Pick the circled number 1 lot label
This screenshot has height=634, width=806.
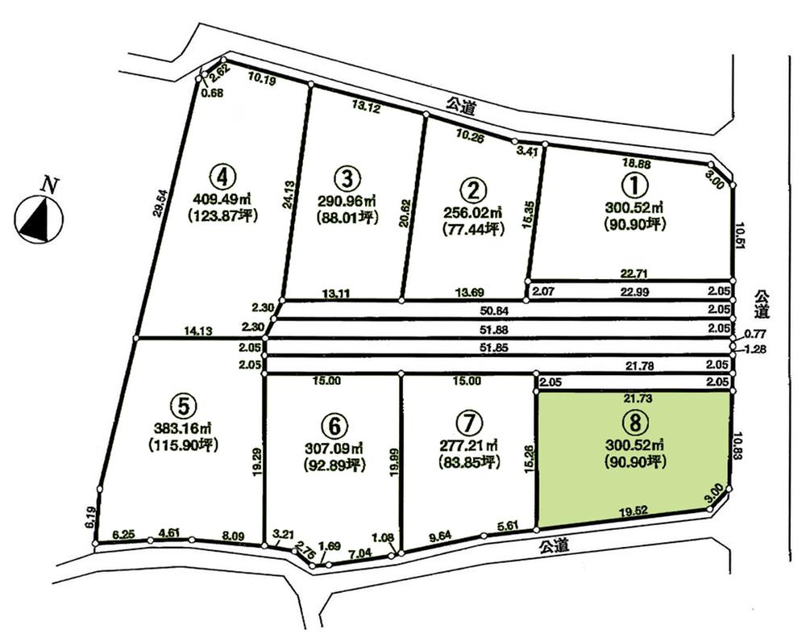pyautogui.click(x=635, y=185)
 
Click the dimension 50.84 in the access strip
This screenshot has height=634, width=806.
pyautogui.click(x=494, y=310)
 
